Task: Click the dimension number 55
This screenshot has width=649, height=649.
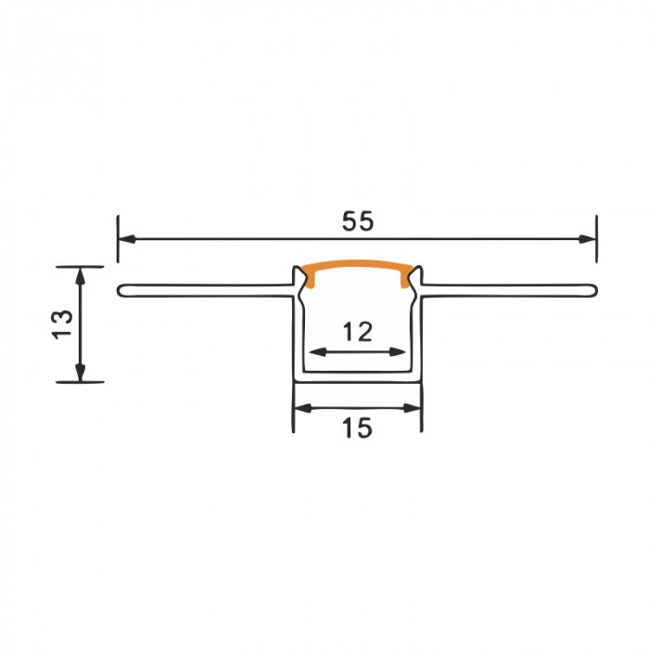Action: (358, 221)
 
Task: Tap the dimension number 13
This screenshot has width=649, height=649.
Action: (62, 324)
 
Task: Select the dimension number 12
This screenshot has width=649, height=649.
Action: (358, 332)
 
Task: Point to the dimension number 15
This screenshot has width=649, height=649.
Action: (357, 428)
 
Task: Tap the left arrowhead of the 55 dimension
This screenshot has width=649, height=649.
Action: (127, 239)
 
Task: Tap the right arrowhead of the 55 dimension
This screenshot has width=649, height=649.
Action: (587, 239)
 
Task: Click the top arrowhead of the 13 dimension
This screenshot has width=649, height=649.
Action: (81, 275)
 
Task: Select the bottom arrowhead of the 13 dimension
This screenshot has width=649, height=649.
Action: (81, 373)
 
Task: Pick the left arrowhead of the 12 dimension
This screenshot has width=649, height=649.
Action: (318, 352)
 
